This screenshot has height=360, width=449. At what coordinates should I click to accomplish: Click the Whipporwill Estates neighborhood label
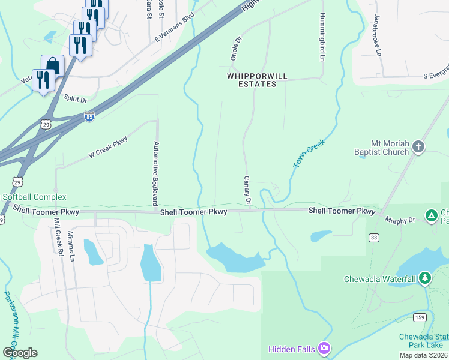[x=252, y=80]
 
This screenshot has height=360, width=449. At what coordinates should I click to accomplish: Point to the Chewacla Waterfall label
[x=380, y=279]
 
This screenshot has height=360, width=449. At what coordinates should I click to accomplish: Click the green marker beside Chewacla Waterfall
[x=425, y=278]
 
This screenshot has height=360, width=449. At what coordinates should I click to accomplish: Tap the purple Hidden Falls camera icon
[x=324, y=348]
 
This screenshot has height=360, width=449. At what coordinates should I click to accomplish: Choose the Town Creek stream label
[x=309, y=155]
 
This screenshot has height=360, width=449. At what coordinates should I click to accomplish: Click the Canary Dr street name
[x=247, y=190]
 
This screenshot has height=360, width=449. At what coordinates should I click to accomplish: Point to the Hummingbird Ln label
[x=322, y=37]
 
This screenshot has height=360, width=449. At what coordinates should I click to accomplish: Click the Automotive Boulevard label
[x=155, y=172]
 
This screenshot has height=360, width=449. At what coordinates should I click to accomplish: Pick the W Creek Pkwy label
[x=109, y=148]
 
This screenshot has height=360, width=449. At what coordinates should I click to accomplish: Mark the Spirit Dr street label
[x=75, y=98]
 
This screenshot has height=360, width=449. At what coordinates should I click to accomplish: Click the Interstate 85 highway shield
[x=89, y=116]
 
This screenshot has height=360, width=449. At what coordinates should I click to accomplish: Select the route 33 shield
[x=374, y=238]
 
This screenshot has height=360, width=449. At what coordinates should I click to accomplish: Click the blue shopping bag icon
[x=52, y=64]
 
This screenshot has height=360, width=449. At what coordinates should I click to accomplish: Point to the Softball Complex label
[x=34, y=197]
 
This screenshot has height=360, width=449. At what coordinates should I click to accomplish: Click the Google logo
[x=20, y=353]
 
